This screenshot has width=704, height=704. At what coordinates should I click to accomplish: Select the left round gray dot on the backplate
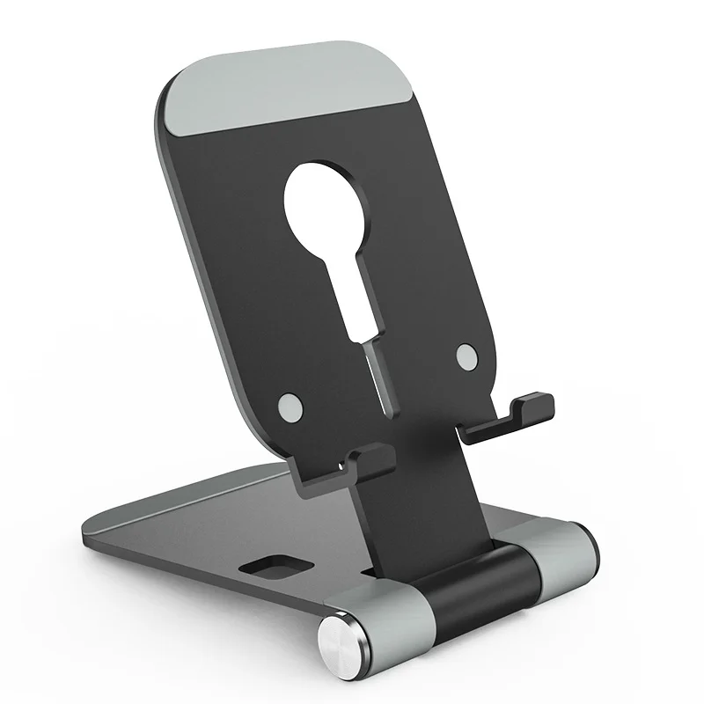(290, 406)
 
